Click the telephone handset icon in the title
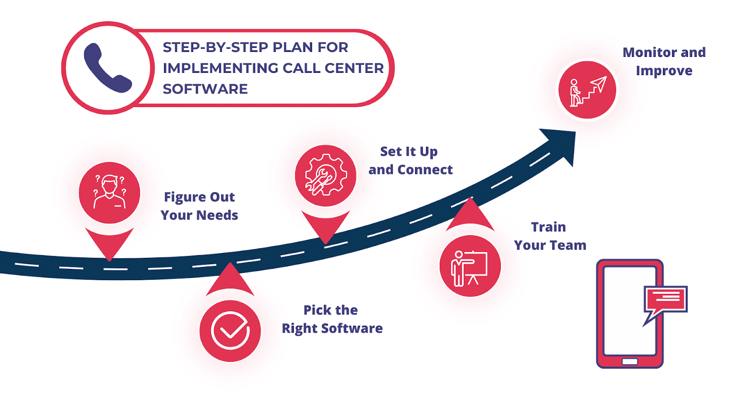pyautogui.click(x=108, y=68)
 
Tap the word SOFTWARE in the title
pyautogui.click(x=205, y=89)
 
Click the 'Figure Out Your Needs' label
pyautogui.click(x=199, y=206)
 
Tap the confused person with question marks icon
pyautogui.click(x=109, y=193)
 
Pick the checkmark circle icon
pyautogui.click(x=230, y=331)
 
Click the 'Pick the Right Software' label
pyautogui.click(x=332, y=319)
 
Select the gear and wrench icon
pyautogui.click(x=325, y=175)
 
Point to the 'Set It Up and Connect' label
pyautogui.click(x=411, y=161)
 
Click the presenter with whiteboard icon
pyautogui.click(x=469, y=268)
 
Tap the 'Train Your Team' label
pyautogui.click(x=550, y=236)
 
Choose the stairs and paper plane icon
pyautogui.click(x=588, y=92)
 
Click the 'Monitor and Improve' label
pyautogui.click(x=664, y=61)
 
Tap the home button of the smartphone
pyautogui.click(x=630, y=362)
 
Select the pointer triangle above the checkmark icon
pyautogui.click(x=230, y=280)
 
